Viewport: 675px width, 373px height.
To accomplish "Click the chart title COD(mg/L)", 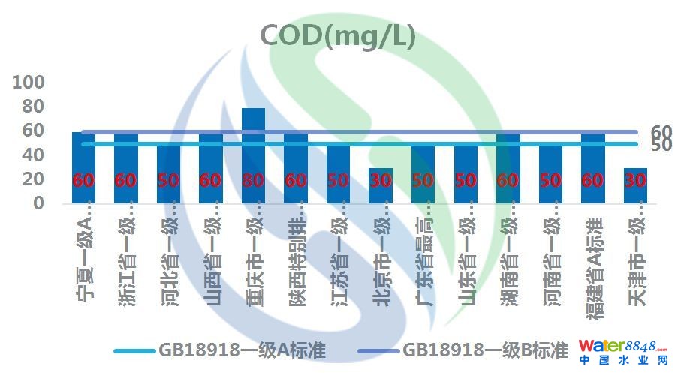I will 337,35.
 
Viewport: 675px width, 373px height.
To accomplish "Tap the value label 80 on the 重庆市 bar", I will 253,181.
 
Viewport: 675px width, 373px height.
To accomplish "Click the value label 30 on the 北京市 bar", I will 381,181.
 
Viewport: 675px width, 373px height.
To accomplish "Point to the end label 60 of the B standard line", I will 661,132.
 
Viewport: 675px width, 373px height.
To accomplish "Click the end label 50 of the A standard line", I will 661,145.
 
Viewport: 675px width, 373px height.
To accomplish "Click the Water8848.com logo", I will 622,351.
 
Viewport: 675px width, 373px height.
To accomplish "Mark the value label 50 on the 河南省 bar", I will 550,181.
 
